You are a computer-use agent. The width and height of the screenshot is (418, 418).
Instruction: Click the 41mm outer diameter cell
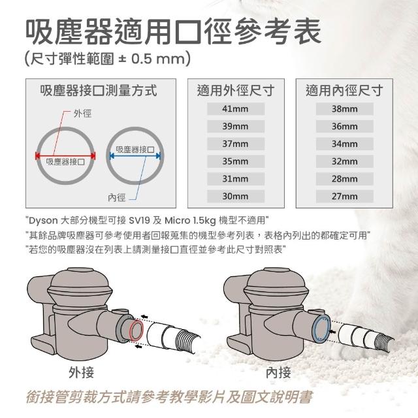[x=236, y=109]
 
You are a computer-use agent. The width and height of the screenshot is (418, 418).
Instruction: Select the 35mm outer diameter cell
[x=236, y=161]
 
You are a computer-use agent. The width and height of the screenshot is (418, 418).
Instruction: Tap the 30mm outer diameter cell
[x=236, y=196]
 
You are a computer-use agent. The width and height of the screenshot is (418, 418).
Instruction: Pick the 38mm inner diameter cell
[x=345, y=109]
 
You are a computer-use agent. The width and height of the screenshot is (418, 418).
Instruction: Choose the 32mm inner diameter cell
[x=345, y=161]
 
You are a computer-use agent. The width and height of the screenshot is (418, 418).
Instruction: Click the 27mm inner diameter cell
[x=345, y=196]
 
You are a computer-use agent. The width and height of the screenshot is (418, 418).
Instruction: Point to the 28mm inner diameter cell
[x=345, y=179]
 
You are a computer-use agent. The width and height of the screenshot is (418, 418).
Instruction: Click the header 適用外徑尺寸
[x=236, y=90]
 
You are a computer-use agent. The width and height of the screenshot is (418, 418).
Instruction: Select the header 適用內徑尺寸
[x=344, y=90]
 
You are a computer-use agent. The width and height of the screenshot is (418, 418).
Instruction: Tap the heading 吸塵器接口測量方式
[x=99, y=90]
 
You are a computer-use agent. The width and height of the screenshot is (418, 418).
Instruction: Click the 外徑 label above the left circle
[x=82, y=114]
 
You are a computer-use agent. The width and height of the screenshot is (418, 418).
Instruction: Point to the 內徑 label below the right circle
[x=116, y=197]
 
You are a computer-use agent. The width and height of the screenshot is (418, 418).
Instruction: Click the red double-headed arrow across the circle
[x=65, y=156]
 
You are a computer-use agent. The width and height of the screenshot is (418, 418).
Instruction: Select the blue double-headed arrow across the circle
[x=135, y=156]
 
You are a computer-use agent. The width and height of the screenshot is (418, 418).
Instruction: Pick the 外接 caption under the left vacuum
[x=81, y=372]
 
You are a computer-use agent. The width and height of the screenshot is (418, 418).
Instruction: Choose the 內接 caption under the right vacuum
[x=278, y=372]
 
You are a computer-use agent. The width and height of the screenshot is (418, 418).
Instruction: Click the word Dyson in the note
[x=43, y=221]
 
